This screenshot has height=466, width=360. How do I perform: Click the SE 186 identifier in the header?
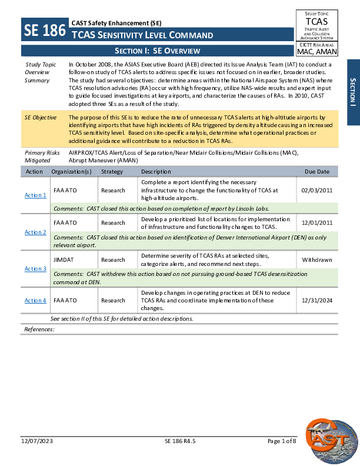click(44, 31)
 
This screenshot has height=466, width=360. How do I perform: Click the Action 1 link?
click(35, 195)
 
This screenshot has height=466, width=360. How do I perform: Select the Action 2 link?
click(35, 232)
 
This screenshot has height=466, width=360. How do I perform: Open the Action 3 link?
click(35, 268)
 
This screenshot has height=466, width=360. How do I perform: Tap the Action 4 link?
click(35, 300)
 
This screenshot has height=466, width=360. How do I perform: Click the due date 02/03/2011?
click(316, 191)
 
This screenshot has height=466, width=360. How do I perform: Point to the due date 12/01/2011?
click(316, 222)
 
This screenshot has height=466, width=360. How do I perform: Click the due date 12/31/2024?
click(316, 300)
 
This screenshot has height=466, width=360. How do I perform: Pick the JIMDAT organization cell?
click(63, 259)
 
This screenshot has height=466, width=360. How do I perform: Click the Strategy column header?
click(112, 172)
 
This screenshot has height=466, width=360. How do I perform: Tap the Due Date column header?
click(317, 172)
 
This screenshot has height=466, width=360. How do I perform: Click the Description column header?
click(156, 172)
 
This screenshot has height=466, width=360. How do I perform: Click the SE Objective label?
click(41, 118)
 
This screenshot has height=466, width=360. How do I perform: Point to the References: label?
click(39, 329)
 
